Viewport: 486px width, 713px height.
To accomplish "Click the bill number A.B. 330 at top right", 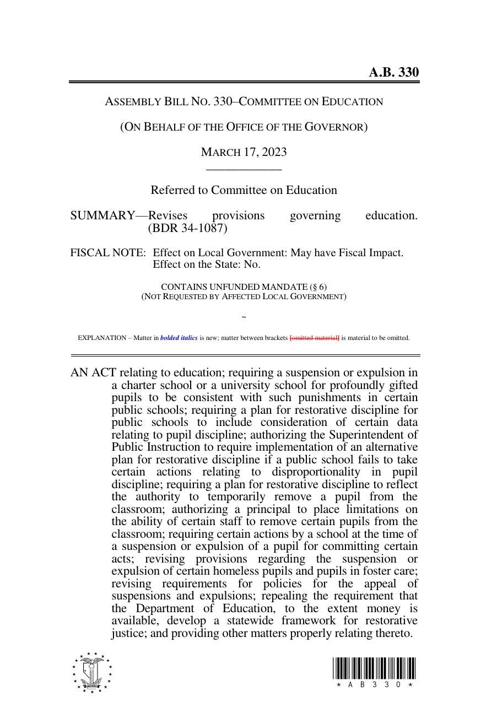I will [393, 72].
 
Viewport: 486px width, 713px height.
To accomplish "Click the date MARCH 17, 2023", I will [244, 152].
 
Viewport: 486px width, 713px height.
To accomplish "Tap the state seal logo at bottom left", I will [91, 673].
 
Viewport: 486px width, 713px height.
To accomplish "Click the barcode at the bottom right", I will [374, 668].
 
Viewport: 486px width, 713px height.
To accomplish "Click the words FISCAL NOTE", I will [108, 253].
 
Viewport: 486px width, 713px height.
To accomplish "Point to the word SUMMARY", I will [102, 215].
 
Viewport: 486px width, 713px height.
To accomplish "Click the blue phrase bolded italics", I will [179, 338].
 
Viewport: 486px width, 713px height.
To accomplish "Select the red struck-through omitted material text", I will [314, 338].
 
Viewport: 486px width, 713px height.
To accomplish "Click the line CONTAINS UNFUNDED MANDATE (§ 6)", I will [244, 287].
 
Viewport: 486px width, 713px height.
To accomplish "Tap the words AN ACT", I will [93, 373].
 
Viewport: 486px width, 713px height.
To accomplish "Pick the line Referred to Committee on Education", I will [244, 190].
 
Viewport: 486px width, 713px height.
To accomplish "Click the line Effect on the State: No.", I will [206, 264].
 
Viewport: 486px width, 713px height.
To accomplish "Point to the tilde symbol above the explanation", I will [244, 317].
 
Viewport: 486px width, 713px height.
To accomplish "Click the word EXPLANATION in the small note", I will [102, 338].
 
